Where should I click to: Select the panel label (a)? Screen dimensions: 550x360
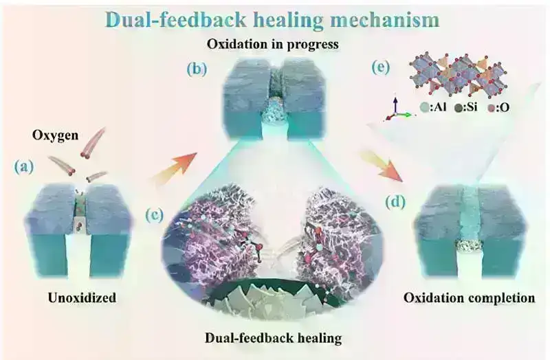pyautogui.click(x=24, y=167)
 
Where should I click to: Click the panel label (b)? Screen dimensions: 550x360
pyautogui.click(x=197, y=69)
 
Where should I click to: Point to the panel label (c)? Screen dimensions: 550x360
pyautogui.click(x=154, y=216)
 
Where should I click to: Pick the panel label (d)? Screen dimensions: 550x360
pyautogui.click(x=395, y=202)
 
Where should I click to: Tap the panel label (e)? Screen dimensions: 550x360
pyautogui.click(x=381, y=67)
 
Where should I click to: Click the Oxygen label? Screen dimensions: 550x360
pyautogui.click(x=56, y=135)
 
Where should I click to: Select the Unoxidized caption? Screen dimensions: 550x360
pyautogui.click(x=82, y=297)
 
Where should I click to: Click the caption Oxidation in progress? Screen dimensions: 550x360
pyautogui.click(x=273, y=44)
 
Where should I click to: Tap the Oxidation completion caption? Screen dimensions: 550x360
pyautogui.click(x=470, y=298)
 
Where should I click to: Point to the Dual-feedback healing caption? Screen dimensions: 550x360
pyautogui.click(x=273, y=338)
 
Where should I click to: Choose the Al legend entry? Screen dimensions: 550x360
pyautogui.click(x=433, y=108)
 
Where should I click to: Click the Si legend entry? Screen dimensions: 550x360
pyautogui.click(x=467, y=107)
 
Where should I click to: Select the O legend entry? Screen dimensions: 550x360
pyautogui.click(x=498, y=108)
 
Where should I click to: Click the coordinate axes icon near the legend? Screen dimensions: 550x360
pyautogui.click(x=398, y=108)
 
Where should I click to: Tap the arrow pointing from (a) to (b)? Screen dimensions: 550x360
pyautogui.click(x=173, y=168)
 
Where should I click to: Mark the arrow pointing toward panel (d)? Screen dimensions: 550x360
pyautogui.click(x=382, y=166)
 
